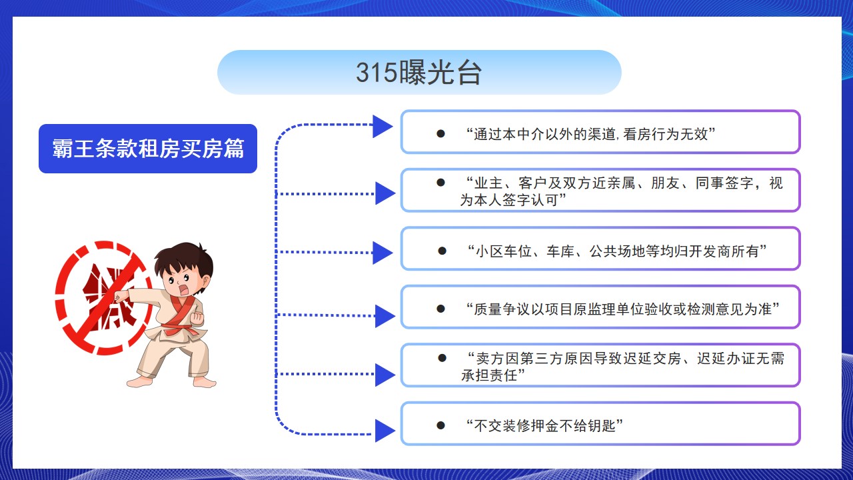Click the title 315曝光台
pyautogui.click(x=419, y=73)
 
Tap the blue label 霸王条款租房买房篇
pyautogui.click(x=148, y=149)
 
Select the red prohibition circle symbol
pyautogui.click(x=103, y=297)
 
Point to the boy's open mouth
pyautogui.click(x=183, y=289)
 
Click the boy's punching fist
pyautogui.click(x=121, y=296)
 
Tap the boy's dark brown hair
pyautogui.click(x=183, y=261)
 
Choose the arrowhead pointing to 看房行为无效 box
pyautogui.click(x=383, y=127)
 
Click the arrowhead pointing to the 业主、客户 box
pyautogui.click(x=385, y=193)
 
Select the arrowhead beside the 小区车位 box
pyautogui.click(x=383, y=253)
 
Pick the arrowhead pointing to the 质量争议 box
pyautogui.click(x=385, y=316)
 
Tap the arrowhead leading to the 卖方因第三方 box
pyautogui.click(x=385, y=375)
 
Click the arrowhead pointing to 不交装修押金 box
pyautogui.click(x=385, y=431)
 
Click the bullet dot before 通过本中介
pyautogui.click(x=440, y=134)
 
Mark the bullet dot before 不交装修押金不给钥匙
pyautogui.click(x=440, y=425)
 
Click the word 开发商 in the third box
pyautogui.click(x=710, y=251)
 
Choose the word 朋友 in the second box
pyautogui.click(x=665, y=183)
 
